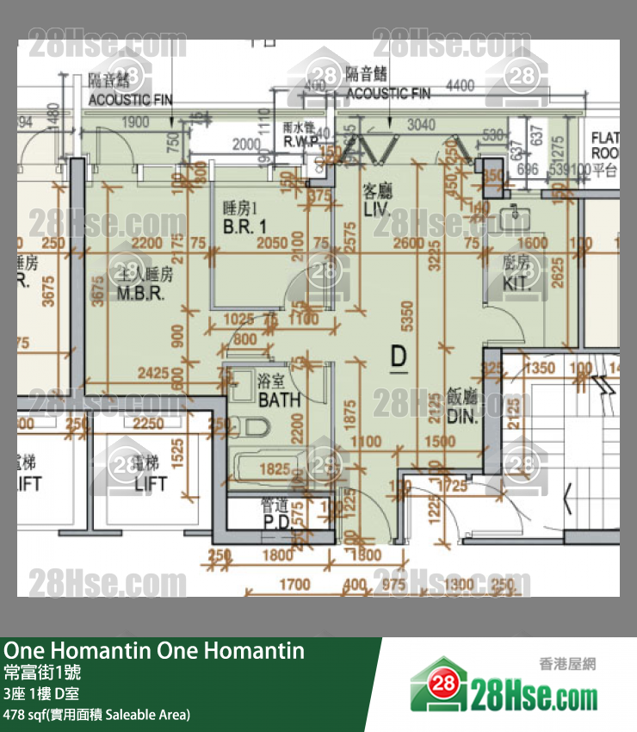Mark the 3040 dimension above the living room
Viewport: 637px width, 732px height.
coord(420,126)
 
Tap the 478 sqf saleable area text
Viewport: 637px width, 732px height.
coord(96,714)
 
